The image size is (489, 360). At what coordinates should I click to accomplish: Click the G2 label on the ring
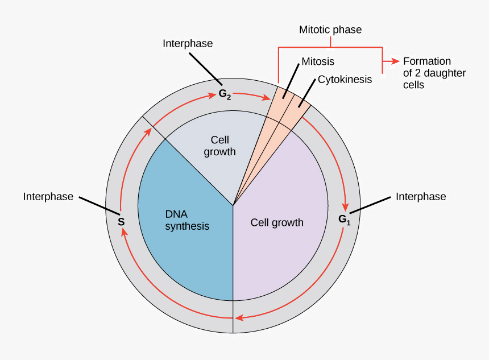click(225, 94)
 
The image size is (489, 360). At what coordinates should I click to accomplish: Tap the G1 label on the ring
click(345, 219)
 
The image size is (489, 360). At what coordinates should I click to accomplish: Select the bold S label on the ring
click(121, 221)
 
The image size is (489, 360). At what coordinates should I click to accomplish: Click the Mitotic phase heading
click(330, 30)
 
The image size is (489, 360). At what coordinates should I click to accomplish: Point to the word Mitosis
click(317, 61)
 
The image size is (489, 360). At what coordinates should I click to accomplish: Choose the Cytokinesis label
click(345, 79)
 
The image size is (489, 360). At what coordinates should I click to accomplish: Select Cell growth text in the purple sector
click(277, 222)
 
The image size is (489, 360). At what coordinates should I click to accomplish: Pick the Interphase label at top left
click(188, 43)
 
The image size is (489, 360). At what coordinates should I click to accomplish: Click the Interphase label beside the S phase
click(48, 197)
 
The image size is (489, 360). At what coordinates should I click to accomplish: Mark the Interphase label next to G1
click(421, 197)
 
